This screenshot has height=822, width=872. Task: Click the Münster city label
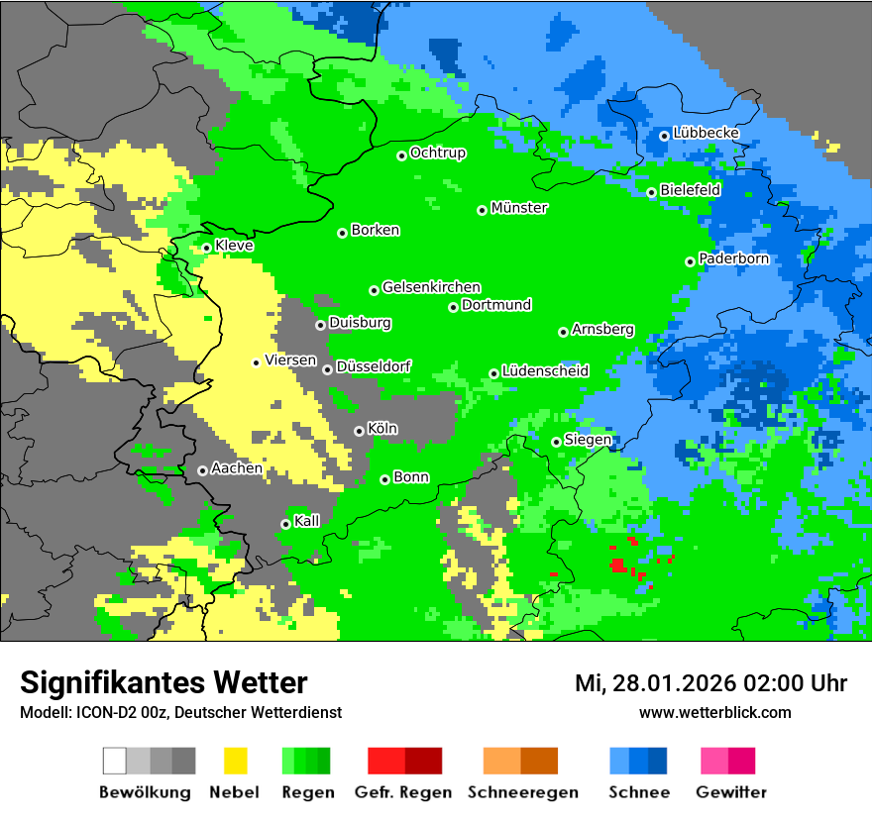[519, 208]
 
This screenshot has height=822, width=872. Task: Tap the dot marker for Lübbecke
[664, 136]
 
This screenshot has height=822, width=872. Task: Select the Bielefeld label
[690, 189]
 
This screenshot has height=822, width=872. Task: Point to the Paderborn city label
[733, 258]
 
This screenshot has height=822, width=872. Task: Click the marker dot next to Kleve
[206, 248]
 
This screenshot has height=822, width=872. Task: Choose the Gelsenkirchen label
[431, 287]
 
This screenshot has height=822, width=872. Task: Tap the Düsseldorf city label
[374, 366]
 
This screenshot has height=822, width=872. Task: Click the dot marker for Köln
[359, 431]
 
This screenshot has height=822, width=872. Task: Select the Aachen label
[237, 468]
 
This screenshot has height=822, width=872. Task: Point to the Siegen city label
[588, 440]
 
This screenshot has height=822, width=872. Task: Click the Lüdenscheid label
[545, 371]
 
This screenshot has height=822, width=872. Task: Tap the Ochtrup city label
[437, 154]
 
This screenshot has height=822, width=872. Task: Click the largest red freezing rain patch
[617, 565]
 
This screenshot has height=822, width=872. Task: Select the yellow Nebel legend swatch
[235, 761]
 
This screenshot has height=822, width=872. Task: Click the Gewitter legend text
[731, 792]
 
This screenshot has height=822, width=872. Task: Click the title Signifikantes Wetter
[163, 682]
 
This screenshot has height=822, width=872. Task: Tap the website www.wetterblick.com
[714, 712]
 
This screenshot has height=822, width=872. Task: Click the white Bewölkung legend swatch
[115, 761]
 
